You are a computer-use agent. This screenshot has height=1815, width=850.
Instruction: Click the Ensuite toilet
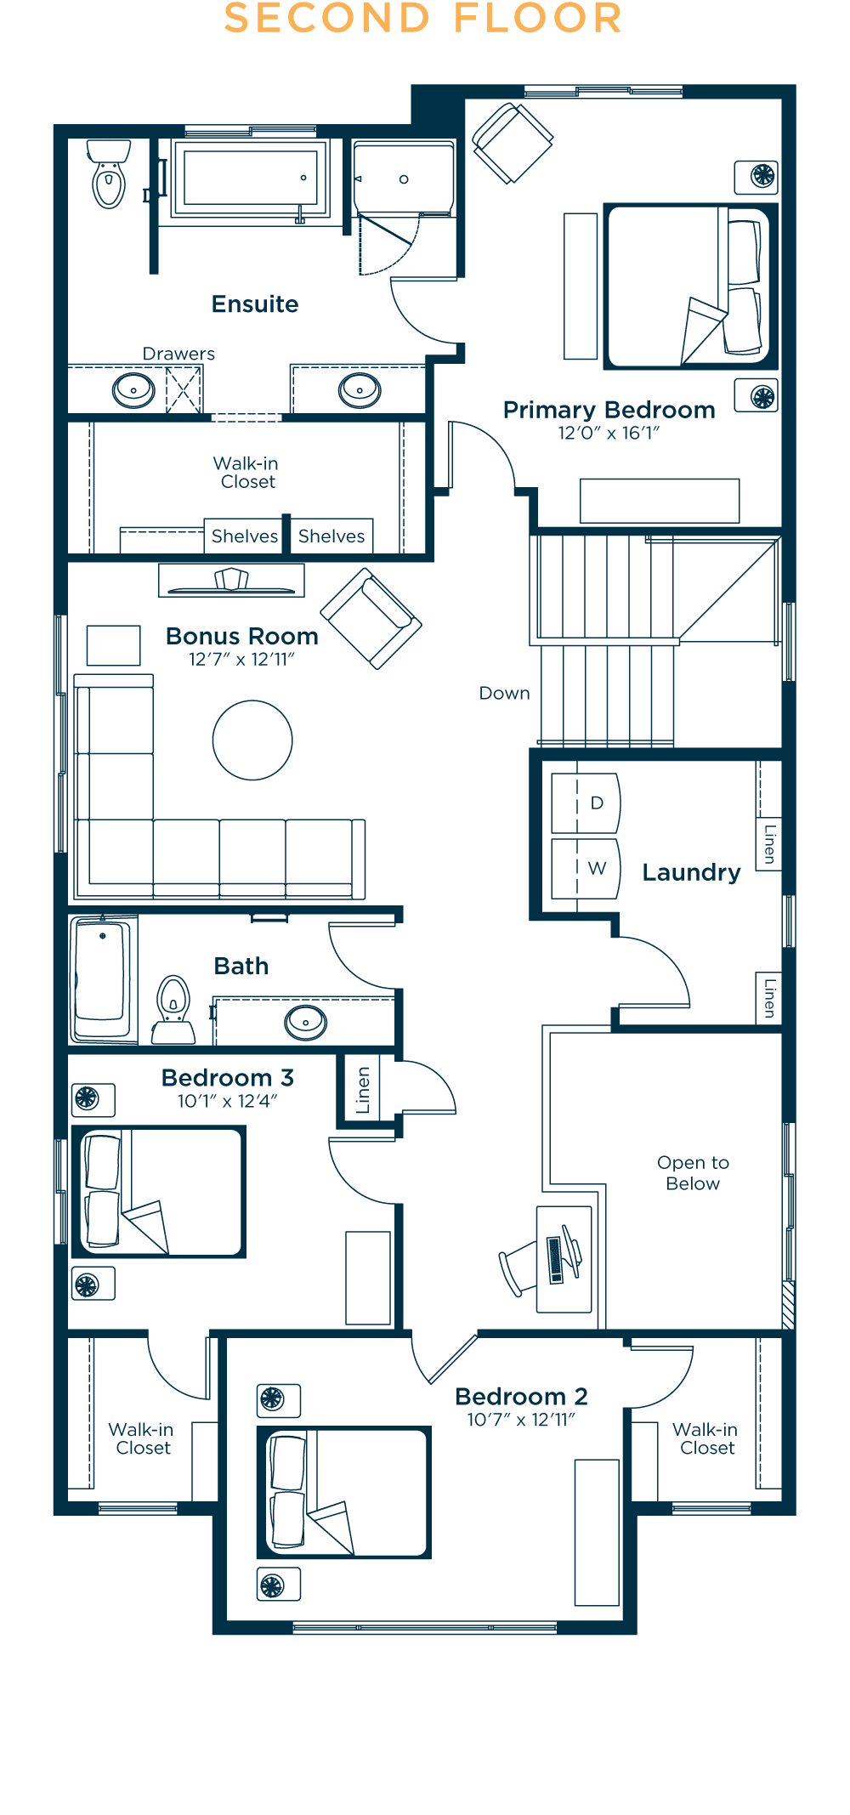click(109, 173)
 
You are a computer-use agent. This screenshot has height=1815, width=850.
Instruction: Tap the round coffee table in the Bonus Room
click(252, 740)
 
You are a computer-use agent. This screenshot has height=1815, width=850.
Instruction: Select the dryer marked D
click(586, 803)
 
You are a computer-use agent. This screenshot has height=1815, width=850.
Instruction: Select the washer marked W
click(586, 868)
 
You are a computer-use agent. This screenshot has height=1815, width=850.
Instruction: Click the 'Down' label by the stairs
click(504, 693)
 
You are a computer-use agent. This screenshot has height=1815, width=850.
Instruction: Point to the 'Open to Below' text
click(693, 1172)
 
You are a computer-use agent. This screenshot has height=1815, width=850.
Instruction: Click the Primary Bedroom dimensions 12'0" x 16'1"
click(609, 433)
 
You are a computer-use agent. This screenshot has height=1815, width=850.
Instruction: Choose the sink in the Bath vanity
click(305, 1021)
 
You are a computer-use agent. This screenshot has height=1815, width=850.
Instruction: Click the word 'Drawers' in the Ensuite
click(178, 354)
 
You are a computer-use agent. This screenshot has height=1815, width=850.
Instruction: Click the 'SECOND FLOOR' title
click(423, 19)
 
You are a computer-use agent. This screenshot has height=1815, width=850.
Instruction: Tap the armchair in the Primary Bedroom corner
click(513, 143)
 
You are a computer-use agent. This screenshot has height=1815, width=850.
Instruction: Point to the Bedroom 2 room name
click(521, 1396)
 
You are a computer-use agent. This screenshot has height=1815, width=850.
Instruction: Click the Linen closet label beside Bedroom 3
click(363, 1090)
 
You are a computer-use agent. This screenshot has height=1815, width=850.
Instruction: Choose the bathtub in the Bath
click(102, 978)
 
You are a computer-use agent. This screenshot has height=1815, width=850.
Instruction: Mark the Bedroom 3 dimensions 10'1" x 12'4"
click(228, 1101)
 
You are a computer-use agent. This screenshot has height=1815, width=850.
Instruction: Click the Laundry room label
click(691, 872)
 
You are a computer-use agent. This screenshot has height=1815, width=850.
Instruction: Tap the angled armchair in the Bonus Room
click(371, 618)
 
